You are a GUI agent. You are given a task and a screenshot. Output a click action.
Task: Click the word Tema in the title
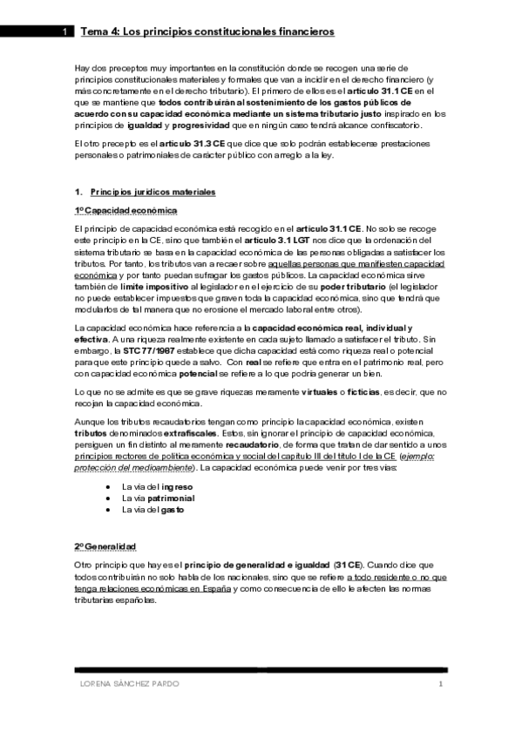coord(93,32)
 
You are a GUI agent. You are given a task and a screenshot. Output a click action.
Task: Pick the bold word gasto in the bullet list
coord(173,509)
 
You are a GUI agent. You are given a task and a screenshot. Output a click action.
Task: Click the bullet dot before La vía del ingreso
coord(107,485)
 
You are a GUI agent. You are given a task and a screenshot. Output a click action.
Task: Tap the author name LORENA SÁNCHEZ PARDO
coord(125,684)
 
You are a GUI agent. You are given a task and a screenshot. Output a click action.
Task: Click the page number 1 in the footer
coord(441,684)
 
